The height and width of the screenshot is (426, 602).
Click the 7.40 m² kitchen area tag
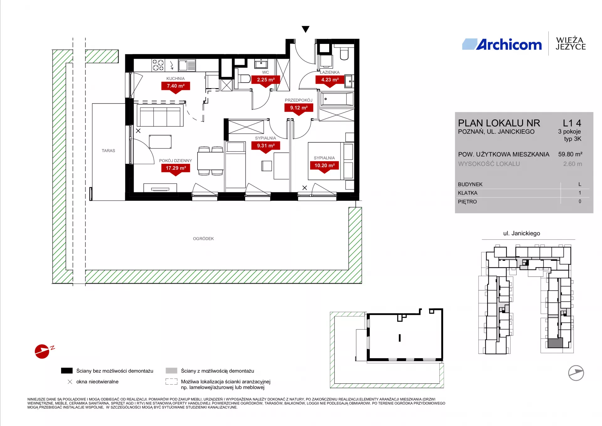click(x=176, y=86)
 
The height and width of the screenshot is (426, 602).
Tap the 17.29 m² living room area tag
click(x=176, y=168)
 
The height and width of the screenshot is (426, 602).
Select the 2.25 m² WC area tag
click(x=266, y=80)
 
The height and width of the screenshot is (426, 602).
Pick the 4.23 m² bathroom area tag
click(x=330, y=80)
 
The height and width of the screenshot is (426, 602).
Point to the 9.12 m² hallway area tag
click(x=299, y=108)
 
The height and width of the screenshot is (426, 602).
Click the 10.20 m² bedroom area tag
click(x=325, y=166)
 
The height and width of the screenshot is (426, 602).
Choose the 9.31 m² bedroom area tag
click(x=266, y=146)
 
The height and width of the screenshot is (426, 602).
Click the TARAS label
click(x=108, y=151)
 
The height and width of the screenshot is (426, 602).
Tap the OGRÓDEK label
click(x=203, y=239)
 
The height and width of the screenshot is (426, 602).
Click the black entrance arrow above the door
click(x=305, y=29)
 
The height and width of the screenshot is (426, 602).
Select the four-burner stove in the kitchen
click(x=158, y=65)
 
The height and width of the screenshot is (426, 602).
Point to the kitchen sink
click(x=187, y=65)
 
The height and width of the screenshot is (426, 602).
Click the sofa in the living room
click(x=160, y=115)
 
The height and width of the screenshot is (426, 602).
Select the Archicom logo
click(x=502, y=45)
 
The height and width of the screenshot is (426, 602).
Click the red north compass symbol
click(x=42, y=351)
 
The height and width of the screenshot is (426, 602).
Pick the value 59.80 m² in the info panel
click(x=570, y=154)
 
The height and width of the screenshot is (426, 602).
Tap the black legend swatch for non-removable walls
click(x=66, y=371)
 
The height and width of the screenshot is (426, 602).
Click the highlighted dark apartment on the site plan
click(x=555, y=343)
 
